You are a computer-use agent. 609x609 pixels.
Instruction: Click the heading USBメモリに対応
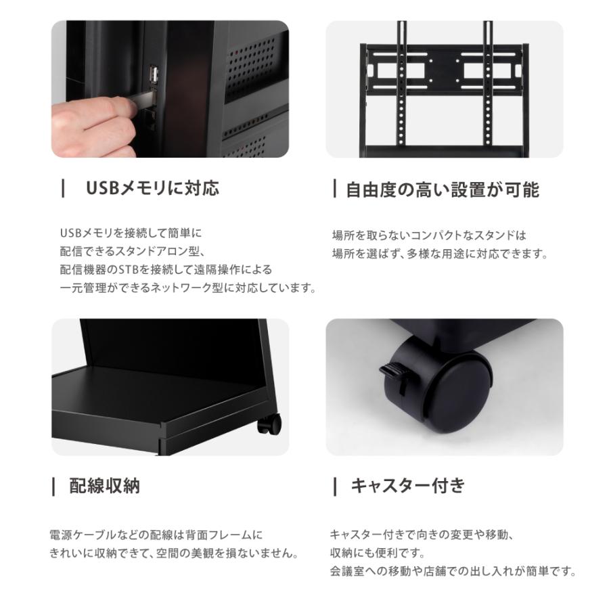click(152, 188)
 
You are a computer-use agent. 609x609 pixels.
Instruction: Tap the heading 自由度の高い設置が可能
click(442, 190)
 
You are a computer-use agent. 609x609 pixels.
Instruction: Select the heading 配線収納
click(105, 486)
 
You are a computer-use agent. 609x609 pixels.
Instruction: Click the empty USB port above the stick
click(154, 75)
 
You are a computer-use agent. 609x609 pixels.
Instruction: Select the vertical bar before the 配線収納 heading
click(53, 486)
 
